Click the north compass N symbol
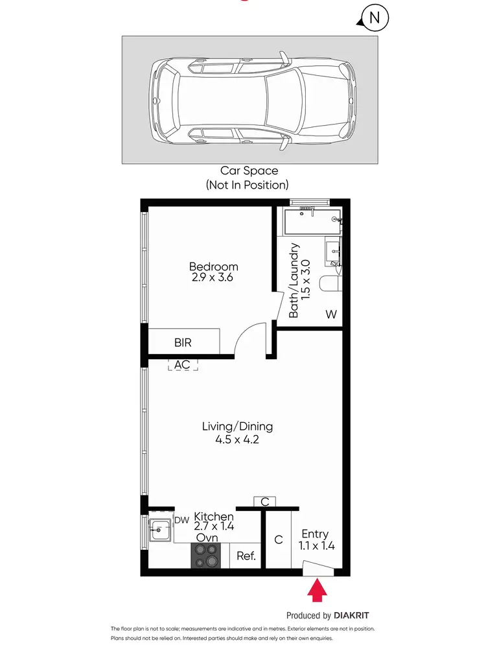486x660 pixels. (x=374, y=18)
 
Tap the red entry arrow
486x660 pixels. (x=316, y=591)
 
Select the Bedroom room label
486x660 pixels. (x=213, y=266)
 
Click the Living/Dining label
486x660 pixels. (x=237, y=427)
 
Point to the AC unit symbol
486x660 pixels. (x=183, y=364)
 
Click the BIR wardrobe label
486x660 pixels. (x=183, y=342)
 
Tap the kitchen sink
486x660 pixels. (x=156, y=530)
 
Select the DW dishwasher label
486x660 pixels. (x=181, y=520)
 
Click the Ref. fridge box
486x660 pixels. (x=246, y=556)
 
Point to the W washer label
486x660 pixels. (x=331, y=314)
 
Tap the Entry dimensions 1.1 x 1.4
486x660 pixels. (x=315, y=545)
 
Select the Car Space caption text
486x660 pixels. (x=249, y=171)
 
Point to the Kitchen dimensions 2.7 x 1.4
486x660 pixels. (x=214, y=527)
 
